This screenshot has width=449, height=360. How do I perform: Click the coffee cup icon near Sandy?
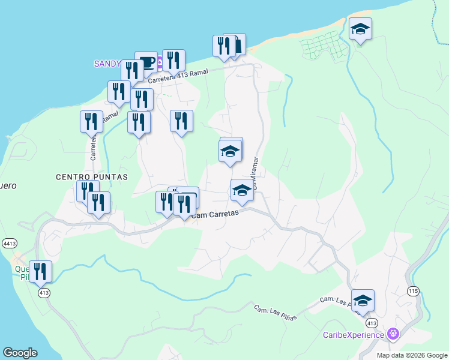146,61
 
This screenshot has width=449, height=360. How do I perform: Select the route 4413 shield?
8,244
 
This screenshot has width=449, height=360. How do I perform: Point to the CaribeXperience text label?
353,335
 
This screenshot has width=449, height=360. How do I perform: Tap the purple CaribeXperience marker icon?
393,333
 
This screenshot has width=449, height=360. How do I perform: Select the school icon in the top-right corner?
360,29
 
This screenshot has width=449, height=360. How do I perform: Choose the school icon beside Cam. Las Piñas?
363,300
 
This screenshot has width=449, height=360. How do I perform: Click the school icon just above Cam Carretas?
242,190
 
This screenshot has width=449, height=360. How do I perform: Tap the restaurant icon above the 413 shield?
40,271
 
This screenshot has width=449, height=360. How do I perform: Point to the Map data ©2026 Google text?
411,355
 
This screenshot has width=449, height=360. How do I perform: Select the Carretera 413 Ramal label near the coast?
178,75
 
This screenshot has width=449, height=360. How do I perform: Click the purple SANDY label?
107,64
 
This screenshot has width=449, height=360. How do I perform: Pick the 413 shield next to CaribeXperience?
372,323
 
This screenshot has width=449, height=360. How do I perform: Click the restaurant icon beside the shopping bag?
224,46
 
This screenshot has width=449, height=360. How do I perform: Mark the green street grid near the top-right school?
324,46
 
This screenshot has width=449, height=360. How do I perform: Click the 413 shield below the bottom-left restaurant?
43,293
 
